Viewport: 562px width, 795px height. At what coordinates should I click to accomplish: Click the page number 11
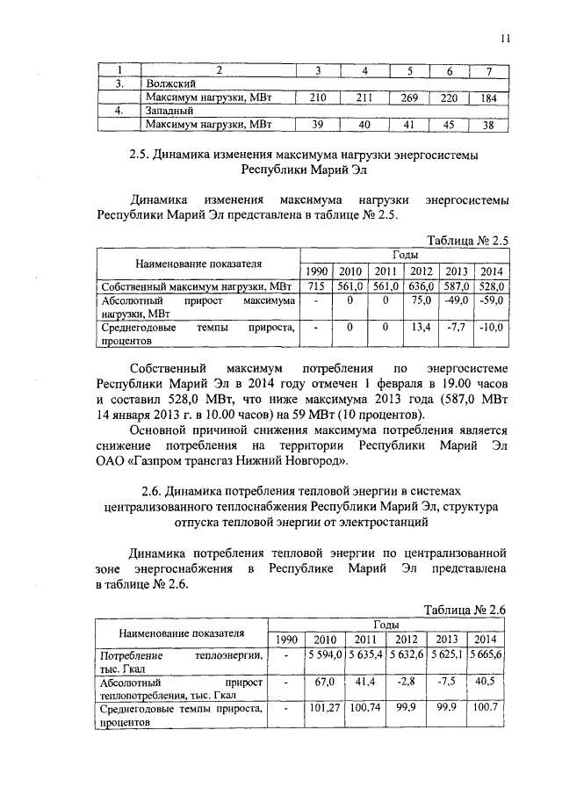pos(506,37)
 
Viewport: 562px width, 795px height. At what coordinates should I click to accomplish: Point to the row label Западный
pos(171,111)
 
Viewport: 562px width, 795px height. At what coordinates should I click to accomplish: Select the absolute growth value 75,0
pos(421,300)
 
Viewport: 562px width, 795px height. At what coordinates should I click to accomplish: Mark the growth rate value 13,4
pos(421,329)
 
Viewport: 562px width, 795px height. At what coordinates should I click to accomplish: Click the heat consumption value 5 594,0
pos(325,654)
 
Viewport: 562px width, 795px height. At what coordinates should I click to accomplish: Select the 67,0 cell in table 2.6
pos(325,681)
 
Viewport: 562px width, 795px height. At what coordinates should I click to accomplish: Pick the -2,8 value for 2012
pos(408,681)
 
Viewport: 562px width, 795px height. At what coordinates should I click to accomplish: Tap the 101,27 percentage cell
pos(325,707)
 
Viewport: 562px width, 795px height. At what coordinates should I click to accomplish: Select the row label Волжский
pos(172,83)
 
